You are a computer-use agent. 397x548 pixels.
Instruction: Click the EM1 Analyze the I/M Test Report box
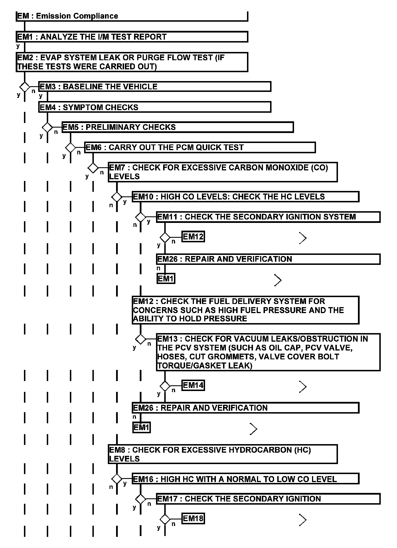point(132,37)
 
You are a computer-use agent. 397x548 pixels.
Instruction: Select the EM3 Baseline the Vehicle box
point(155,86)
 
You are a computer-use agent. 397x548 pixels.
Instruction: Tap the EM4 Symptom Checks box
point(155,107)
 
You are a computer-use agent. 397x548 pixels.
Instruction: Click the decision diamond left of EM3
point(25,86)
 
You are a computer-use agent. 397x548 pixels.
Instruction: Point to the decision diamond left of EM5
point(47,127)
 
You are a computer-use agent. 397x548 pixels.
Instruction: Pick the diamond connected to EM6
point(70,148)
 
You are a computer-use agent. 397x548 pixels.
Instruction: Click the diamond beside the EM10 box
point(117,197)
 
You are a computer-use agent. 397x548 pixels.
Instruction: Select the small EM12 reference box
point(193,237)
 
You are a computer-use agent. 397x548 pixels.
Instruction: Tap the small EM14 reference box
point(193,386)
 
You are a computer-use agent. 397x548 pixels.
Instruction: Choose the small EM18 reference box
point(193,519)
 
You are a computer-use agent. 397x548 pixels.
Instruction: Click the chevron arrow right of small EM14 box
point(303,387)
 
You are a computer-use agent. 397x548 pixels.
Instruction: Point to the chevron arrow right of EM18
point(303,520)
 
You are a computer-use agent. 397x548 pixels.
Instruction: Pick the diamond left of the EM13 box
point(140,339)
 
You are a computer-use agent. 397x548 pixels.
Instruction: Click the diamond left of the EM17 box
point(140,499)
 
